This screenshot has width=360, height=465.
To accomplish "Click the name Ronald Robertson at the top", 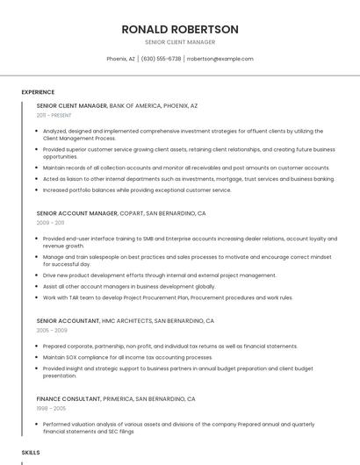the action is (x=180, y=29).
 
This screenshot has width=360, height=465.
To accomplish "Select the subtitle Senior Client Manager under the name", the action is (x=180, y=42).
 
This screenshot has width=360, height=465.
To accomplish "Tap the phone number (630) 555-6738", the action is (x=161, y=59).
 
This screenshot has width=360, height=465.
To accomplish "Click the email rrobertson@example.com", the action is (x=220, y=59).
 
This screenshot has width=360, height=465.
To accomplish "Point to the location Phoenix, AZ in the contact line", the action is (x=120, y=59).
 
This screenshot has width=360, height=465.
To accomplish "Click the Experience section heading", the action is (x=38, y=92).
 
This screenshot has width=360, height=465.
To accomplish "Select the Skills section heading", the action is (x=31, y=452).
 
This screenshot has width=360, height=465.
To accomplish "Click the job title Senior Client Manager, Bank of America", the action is (x=117, y=105).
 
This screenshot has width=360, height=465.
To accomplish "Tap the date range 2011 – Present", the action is (x=54, y=115).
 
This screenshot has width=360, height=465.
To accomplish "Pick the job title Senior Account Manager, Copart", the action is (x=121, y=213).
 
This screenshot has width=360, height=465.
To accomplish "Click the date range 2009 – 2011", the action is (x=50, y=223).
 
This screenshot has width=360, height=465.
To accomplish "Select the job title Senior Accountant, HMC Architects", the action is (x=125, y=321).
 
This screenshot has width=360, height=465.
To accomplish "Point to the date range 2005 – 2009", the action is (x=52, y=331).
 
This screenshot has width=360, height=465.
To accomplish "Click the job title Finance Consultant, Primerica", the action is (x=116, y=399).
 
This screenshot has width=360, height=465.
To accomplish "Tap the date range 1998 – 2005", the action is (x=51, y=409).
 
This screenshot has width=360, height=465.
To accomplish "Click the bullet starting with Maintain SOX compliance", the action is (x=127, y=357).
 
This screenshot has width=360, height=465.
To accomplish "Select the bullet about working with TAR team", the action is (x=168, y=297).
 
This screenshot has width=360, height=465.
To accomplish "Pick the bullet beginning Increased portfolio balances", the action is (x=137, y=190).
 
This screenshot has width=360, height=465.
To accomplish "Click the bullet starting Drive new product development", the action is (x=159, y=275).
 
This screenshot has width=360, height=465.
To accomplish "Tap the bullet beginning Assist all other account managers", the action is (x=128, y=286).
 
